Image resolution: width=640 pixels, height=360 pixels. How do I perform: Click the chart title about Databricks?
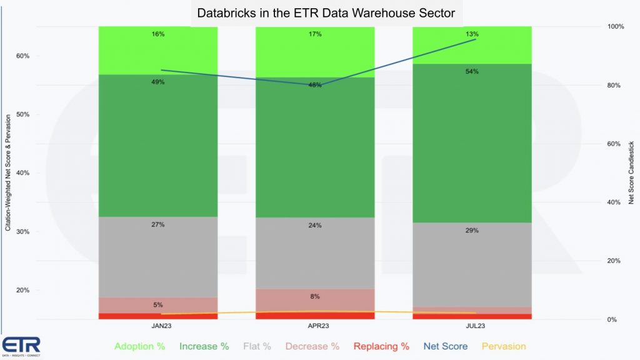tap(326, 13)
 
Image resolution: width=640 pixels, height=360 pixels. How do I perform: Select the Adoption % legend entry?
tap(140, 346)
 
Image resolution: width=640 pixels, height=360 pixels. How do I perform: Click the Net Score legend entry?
tap(445, 346)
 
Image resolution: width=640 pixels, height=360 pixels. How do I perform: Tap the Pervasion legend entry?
tap(503, 346)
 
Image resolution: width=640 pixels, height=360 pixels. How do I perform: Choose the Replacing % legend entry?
tap(381, 346)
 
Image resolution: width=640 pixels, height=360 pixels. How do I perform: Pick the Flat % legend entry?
tap(257, 346)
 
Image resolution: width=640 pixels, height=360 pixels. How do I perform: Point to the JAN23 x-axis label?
tap(158, 326)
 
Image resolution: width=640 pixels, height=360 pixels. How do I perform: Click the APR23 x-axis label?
tap(315, 326)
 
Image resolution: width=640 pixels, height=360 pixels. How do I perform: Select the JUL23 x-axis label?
tap(472, 326)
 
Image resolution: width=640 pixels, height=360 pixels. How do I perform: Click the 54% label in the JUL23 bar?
tap(472, 72)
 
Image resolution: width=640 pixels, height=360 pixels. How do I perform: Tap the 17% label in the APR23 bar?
tap(315, 34)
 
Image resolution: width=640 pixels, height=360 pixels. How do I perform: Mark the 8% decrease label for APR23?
tap(315, 296)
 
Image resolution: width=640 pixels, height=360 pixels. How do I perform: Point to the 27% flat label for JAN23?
tap(158, 224)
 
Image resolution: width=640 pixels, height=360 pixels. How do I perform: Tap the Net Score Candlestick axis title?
tap(631, 172)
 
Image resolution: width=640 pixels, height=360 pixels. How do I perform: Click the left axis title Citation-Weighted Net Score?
tap(8, 172)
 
